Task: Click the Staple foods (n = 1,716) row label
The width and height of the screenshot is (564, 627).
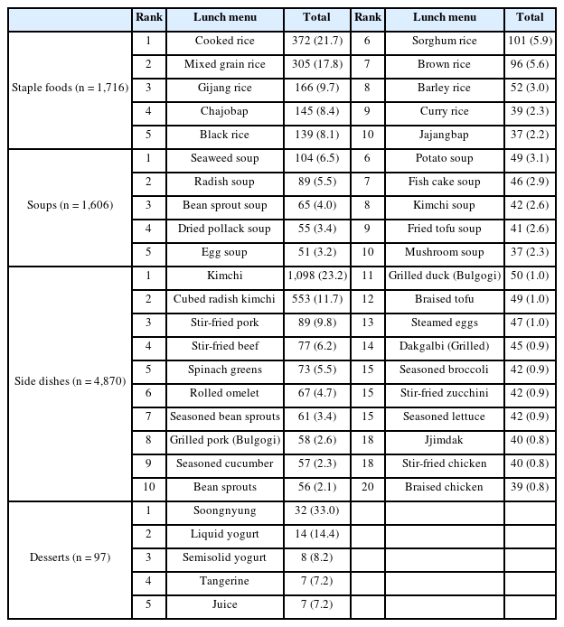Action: tap(69, 88)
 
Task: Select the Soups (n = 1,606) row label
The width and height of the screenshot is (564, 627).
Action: tap(69, 205)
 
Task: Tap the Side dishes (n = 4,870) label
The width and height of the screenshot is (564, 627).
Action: tap(69, 381)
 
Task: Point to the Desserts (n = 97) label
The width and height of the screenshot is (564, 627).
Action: tap(69, 557)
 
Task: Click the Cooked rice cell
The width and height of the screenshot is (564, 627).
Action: tap(225, 41)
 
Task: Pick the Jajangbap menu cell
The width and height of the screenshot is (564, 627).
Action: tap(444, 135)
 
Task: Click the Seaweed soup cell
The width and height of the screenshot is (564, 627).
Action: tap(225, 158)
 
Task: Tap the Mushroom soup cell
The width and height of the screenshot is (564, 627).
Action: tap(444, 252)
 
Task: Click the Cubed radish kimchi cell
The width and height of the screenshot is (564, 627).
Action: tap(225, 299)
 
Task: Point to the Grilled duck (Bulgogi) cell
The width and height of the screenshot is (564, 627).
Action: tap(444, 276)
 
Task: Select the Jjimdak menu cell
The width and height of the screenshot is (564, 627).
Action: tap(444, 440)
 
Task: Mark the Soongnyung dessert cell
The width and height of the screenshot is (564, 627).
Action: tap(225, 510)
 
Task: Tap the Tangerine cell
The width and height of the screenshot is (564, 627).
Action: tap(225, 581)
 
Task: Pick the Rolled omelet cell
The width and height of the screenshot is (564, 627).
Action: tap(225, 393)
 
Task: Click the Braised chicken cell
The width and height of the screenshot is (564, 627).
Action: tap(444, 487)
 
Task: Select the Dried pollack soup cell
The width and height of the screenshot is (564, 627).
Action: tap(225, 229)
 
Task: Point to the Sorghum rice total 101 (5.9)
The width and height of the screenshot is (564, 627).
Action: tap(530, 41)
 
